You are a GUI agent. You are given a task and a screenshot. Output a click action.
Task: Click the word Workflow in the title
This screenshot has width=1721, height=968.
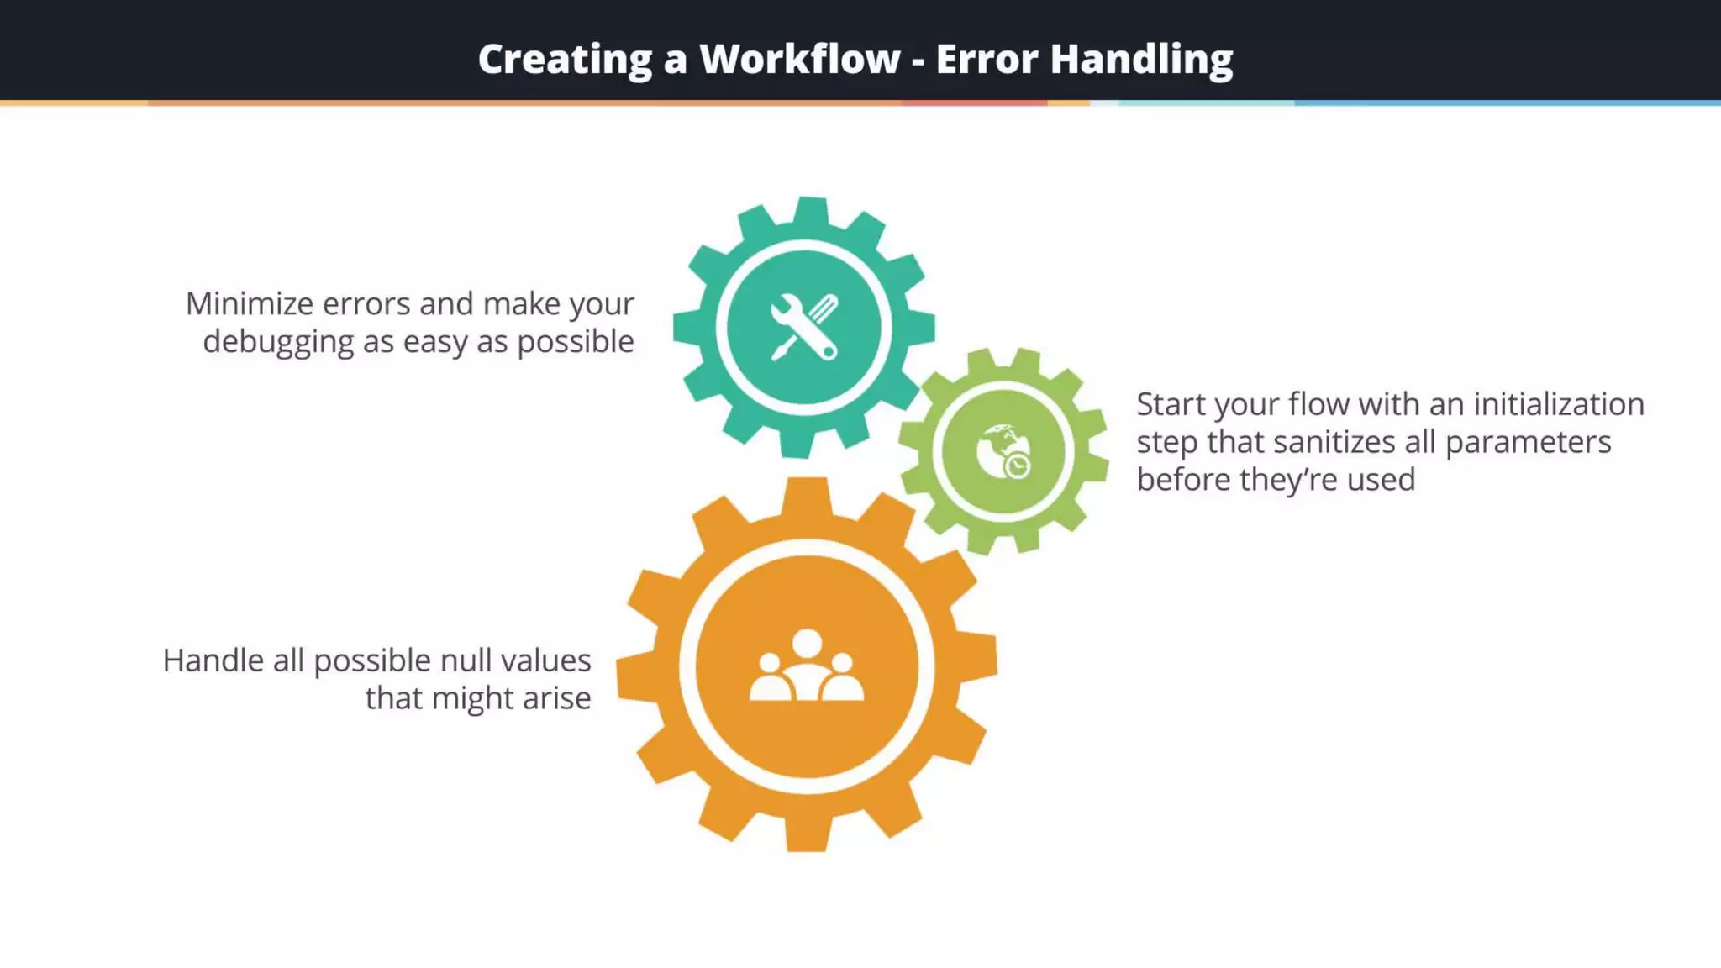[799, 59]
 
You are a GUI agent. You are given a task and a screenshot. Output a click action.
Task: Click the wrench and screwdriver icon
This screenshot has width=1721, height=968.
[804, 328]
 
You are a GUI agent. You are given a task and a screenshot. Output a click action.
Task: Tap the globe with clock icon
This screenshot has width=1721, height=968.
[1003, 452]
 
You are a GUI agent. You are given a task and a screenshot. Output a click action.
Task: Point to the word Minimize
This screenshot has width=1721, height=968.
[250, 303]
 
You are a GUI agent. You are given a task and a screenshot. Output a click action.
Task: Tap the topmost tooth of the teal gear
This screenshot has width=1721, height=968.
[811, 210]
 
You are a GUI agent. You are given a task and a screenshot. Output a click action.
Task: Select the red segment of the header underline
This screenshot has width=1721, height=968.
[974, 103]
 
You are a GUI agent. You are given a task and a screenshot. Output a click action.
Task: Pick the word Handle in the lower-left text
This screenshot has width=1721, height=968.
[213, 660]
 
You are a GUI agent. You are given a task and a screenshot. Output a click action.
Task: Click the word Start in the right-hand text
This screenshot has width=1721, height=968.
[1171, 404]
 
